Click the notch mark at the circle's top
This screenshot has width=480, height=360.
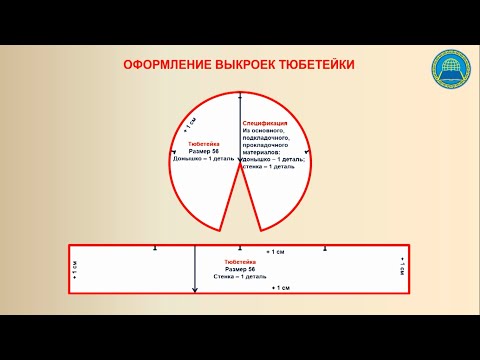click(240, 96)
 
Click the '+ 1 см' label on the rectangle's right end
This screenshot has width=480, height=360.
click(402, 268)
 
